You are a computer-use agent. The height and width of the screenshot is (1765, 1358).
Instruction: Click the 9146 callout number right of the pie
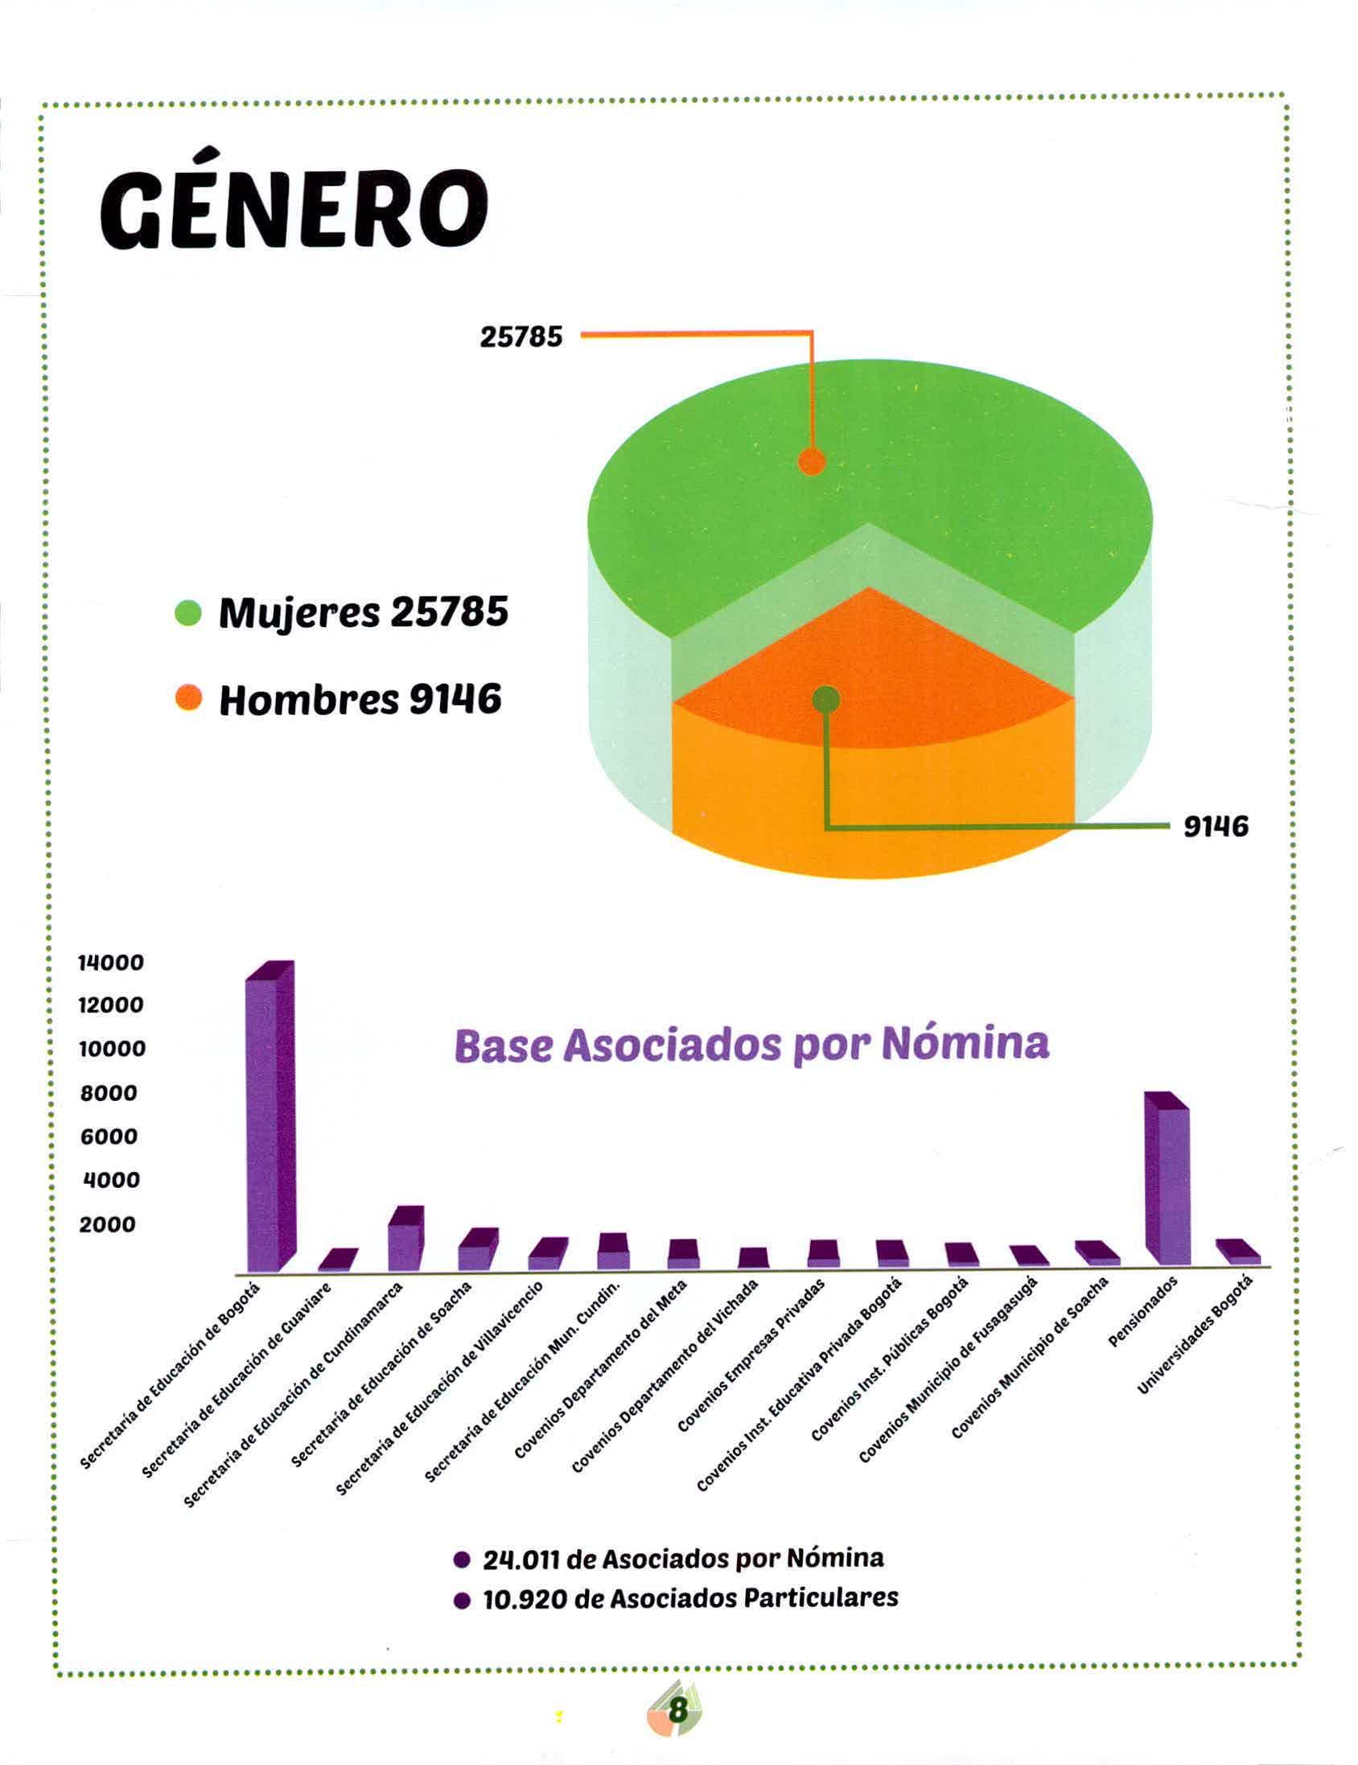pyautogui.click(x=1215, y=826)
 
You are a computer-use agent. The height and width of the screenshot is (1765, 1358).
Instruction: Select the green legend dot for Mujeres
pyautogui.click(x=188, y=613)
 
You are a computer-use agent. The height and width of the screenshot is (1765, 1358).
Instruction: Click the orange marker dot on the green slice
pyautogui.click(x=811, y=462)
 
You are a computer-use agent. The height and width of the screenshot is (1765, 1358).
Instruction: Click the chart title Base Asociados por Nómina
pyautogui.click(x=751, y=1045)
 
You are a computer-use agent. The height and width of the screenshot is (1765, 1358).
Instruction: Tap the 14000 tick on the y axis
pyautogui.click(x=111, y=963)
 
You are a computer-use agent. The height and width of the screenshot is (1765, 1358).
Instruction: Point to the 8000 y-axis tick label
pyautogui.click(x=109, y=1094)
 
